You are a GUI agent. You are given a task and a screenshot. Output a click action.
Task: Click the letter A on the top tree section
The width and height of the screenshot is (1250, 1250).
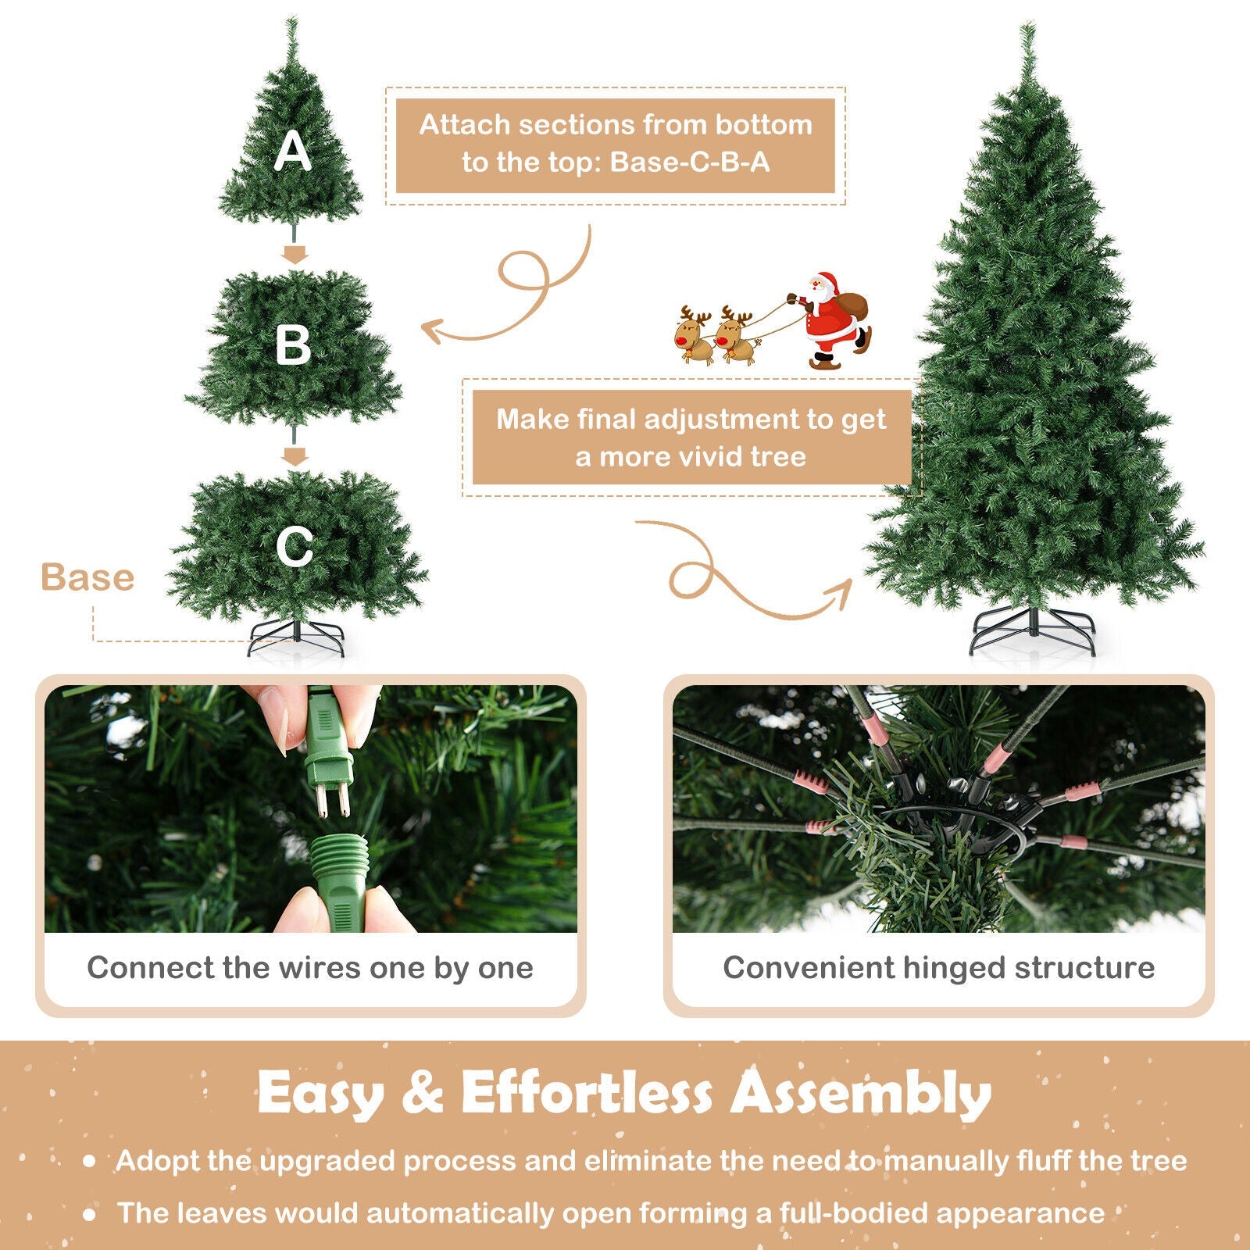click(x=292, y=151)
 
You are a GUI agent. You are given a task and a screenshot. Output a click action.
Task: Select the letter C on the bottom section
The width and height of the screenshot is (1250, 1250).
click(x=294, y=546)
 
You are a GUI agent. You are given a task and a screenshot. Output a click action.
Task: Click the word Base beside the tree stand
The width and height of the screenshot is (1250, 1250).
click(x=87, y=578)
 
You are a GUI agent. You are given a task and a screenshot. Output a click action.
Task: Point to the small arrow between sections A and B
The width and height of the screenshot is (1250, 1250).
click(x=295, y=254)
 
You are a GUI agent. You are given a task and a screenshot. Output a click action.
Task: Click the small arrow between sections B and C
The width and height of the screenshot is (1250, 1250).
click(x=295, y=455)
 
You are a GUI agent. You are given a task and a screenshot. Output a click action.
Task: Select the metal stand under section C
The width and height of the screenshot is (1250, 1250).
click(x=295, y=637)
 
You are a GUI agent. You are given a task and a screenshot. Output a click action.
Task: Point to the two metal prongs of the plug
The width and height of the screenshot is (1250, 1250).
click(x=331, y=798)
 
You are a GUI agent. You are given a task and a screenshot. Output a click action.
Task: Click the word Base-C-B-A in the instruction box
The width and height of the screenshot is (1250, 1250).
click(x=690, y=162)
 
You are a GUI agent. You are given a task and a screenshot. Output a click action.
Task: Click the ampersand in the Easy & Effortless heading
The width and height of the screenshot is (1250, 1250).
click(x=422, y=1093)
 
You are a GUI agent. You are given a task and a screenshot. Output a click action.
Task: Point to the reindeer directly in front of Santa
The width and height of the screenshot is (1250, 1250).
click(x=735, y=336)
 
